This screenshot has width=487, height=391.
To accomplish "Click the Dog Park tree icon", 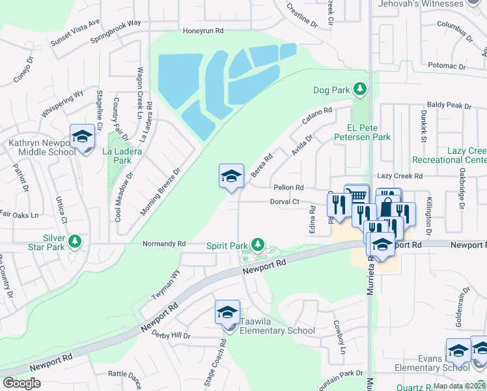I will (358, 89).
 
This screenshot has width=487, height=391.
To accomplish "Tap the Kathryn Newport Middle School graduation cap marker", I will (83, 136).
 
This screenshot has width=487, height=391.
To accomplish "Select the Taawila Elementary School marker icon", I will (227, 312).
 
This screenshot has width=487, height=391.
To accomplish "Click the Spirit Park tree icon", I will (258, 245).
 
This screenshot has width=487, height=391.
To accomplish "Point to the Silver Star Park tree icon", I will (76, 242).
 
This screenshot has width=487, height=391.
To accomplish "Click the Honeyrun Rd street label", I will (202, 31).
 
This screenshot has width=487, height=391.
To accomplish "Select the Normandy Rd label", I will (164, 244).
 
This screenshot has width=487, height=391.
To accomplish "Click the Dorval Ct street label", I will (285, 202).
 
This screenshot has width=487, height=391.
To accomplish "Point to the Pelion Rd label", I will (288, 187).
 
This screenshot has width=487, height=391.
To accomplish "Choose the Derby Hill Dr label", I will (171, 336).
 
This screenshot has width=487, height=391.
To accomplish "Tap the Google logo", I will (21, 383).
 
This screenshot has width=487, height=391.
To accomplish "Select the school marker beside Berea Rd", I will (231, 176).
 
